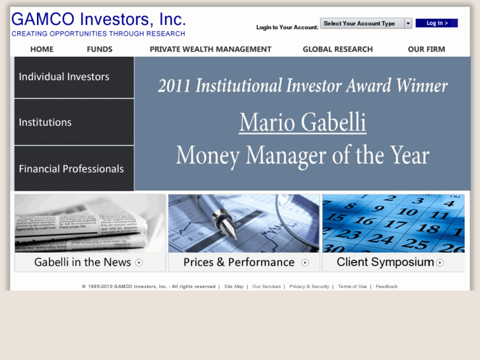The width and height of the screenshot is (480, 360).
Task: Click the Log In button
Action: (x=436, y=23)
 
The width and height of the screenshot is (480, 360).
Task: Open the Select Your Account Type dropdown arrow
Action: (x=408, y=24)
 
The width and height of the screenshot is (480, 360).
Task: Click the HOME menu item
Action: (x=42, y=49)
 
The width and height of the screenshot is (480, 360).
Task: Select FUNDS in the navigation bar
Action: (x=100, y=49)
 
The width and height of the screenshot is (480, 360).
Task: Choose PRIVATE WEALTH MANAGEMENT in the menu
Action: (x=210, y=49)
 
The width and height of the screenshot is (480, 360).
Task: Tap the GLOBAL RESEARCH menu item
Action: (x=337, y=49)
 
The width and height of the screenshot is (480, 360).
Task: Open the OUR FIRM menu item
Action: (x=426, y=49)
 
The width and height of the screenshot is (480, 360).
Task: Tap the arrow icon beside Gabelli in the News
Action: (x=139, y=262)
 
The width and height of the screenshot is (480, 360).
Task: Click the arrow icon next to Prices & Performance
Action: (x=305, y=262)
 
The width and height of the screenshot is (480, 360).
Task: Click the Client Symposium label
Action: (x=386, y=262)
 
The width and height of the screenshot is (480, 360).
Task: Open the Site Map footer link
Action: (x=234, y=287)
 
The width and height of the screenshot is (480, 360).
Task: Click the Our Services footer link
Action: (x=266, y=287)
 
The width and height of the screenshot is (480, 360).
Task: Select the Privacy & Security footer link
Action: (x=309, y=287)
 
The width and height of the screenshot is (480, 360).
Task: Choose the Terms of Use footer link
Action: (x=353, y=287)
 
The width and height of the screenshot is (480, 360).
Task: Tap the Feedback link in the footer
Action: (x=387, y=287)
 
